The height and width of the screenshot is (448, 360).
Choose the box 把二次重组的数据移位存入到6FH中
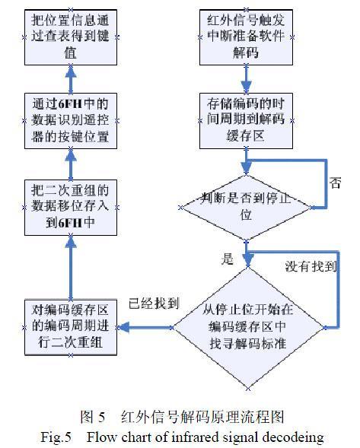click(69, 204)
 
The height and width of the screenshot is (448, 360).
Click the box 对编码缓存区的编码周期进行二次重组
click(69, 325)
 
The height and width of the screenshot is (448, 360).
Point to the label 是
click(227, 259)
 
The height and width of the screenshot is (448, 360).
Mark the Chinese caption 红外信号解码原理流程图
click(218, 417)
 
